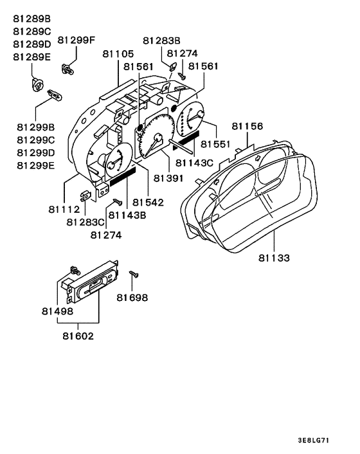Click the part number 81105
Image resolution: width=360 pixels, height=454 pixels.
pyautogui.click(x=118, y=54)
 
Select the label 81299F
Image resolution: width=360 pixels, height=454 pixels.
pyautogui.click(x=76, y=40)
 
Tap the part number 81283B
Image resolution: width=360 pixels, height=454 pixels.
pyautogui.click(x=161, y=41)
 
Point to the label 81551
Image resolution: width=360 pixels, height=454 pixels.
pyautogui.click(x=216, y=144)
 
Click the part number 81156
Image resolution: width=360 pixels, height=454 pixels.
pyautogui.click(x=248, y=126)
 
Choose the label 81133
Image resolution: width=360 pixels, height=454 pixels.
pyautogui.click(x=274, y=258)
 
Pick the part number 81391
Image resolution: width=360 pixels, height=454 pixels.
pyautogui.click(x=168, y=178)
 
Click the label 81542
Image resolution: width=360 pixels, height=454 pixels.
pyautogui.click(x=148, y=203)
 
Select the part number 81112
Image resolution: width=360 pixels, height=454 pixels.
pyautogui.click(x=64, y=209)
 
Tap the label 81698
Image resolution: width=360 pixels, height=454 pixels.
pyautogui.click(x=132, y=297)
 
